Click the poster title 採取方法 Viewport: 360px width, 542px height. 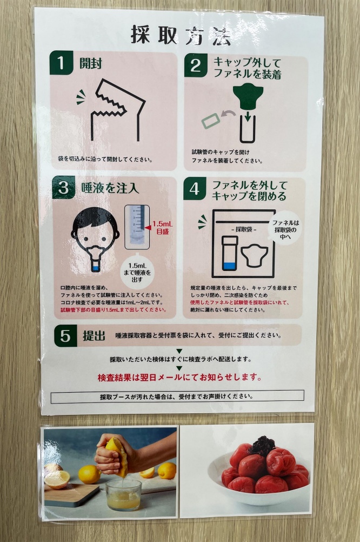click(x=181, y=36)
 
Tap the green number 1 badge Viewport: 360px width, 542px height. click(x=61, y=63)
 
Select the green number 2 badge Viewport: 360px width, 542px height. click(x=196, y=65)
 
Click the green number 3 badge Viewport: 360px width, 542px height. click(x=64, y=187)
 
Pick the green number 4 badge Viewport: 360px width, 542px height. click(x=195, y=189)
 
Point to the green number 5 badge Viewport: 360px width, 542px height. click(x=65, y=335)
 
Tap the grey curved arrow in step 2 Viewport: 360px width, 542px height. click(x=228, y=114)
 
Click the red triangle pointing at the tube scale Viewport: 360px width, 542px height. click(x=148, y=227)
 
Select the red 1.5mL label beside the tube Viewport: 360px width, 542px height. click(x=162, y=227)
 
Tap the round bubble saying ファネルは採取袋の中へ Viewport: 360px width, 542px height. click(x=285, y=228)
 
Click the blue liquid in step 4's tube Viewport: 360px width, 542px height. click(x=229, y=266)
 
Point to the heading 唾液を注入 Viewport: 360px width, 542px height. click(x=110, y=188)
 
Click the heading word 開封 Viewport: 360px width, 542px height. click(x=90, y=64)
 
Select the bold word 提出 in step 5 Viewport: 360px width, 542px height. click(x=94, y=335)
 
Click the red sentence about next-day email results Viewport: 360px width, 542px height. click(x=179, y=377)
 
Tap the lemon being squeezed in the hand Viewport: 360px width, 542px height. click(x=117, y=455)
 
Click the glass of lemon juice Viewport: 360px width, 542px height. click(x=123, y=494)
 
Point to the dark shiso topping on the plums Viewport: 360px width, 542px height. click(x=262, y=446)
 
